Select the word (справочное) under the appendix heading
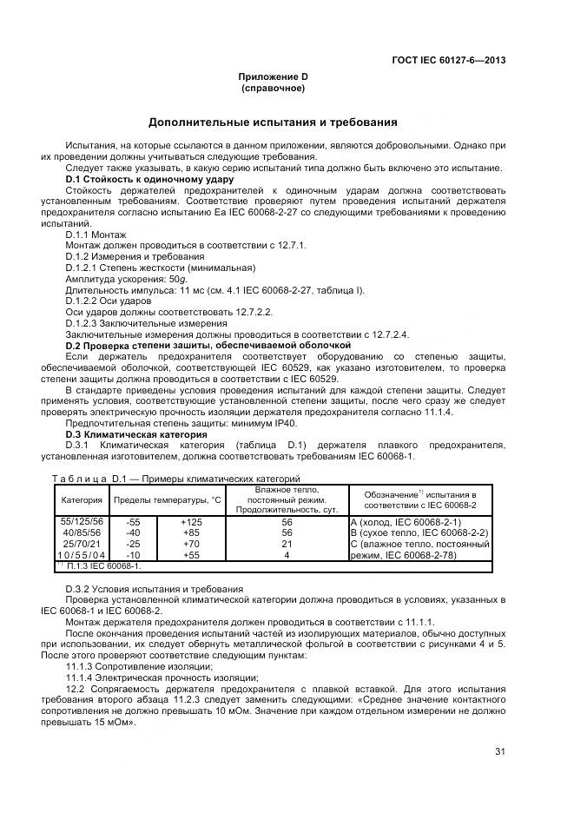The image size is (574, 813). pyautogui.click(x=273, y=89)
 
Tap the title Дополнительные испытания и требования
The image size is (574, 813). pyautogui.click(x=273, y=122)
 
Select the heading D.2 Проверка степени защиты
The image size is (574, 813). pyautogui.click(x=208, y=346)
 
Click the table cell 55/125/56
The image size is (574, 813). pyautogui.click(x=82, y=521)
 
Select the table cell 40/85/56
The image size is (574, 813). pyautogui.click(x=82, y=532)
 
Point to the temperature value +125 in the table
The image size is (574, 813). pyautogui.click(x=191, y=521)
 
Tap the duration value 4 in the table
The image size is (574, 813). pyautogui.click(x=286, y=554)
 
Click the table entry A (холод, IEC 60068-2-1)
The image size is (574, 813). pyautogui.click(x=405, y=521)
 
